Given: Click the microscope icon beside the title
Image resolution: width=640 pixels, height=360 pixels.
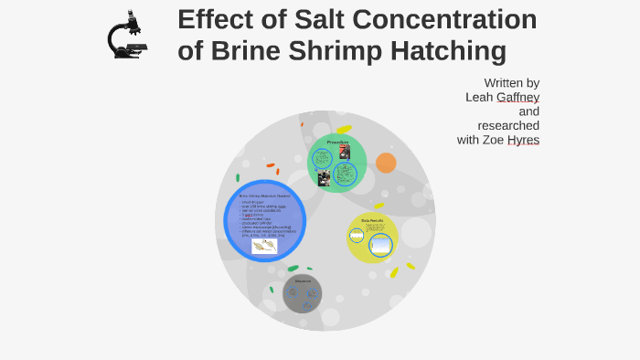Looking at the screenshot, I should tap(126, 37).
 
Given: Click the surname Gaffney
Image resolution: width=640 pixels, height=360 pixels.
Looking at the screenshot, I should tap(517, 97).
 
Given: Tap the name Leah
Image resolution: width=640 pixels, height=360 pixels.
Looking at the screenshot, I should tap(479, 97).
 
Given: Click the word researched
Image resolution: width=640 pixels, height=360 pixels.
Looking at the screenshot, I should tap(508, 125).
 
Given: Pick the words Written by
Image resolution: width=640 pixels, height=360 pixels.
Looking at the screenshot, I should tap(511, 82).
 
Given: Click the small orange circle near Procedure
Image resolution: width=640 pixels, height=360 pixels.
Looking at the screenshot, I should tap(386, 163).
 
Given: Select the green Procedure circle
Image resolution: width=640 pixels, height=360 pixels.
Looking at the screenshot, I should tap(337, 163).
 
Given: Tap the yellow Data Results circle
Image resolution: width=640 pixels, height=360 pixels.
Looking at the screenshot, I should tap(372, 238).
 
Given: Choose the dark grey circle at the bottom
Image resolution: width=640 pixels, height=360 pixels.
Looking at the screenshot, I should tap(302, 293).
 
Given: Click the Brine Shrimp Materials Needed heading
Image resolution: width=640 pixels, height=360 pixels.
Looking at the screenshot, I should tap(264, 196).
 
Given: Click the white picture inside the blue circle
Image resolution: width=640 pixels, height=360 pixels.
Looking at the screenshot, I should tap(264, 246).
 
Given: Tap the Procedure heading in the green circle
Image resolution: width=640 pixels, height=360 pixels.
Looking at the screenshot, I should tap(337, 142).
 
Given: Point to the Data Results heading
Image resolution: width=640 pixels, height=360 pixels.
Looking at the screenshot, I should tap(372, 220).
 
